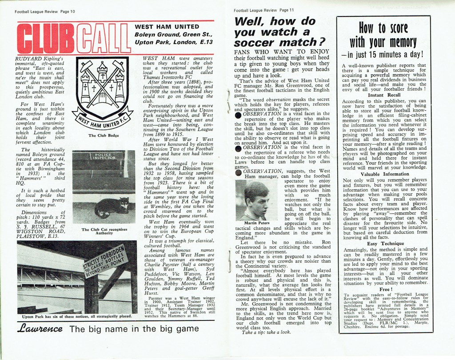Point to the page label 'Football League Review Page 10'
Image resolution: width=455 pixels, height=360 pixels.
tap(41, 11)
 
